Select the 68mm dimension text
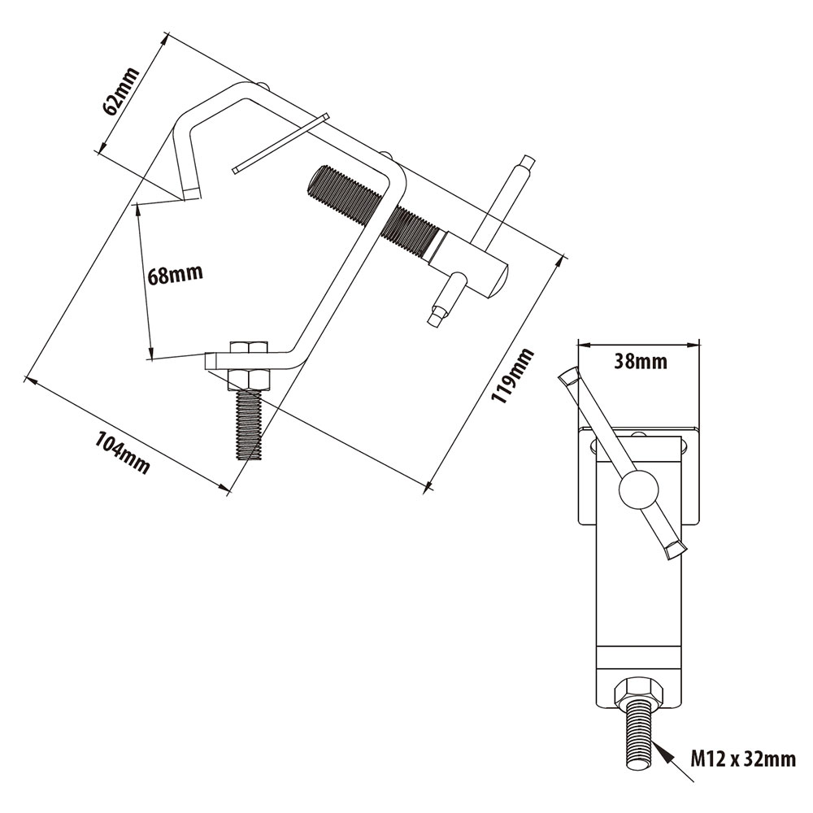[x=175, y=274]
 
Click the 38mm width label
[x=640, y=361]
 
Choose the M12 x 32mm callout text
[x=743, y=759]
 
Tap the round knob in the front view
[x=638, y=489]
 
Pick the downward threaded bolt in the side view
[x=249, y=424]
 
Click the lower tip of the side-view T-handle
[x=438, y=315]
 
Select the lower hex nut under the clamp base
[x=249, y=379]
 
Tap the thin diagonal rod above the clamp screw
[x=279, y=143]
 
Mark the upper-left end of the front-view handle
[x=568, y=376]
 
